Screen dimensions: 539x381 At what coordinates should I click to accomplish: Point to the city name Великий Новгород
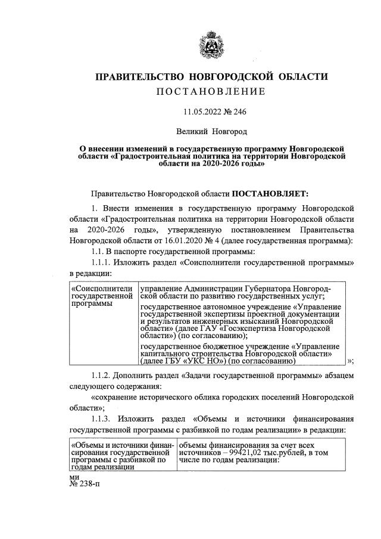point(211,129)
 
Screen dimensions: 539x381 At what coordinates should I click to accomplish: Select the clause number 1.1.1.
point(102,263)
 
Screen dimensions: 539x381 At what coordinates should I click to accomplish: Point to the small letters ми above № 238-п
point(74,476)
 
